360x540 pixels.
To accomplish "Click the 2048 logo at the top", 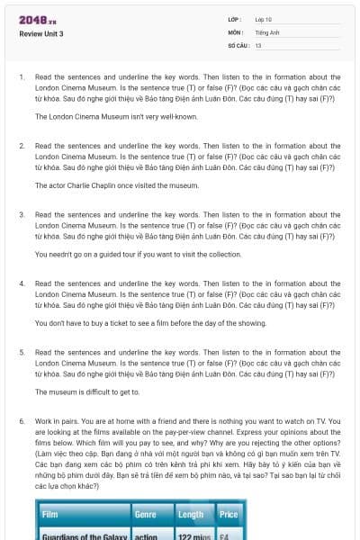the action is [x=38, y=20].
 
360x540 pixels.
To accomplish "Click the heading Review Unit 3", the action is [x=41, y=33].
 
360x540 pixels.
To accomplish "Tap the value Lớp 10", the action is [x=264, y=19].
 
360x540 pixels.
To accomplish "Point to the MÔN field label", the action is [x=235, y=31].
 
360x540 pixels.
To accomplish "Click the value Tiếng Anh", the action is [x=267, y=31].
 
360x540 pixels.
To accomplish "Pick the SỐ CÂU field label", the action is [x=238, y=44].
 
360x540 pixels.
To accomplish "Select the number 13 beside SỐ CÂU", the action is [x=258, y=44].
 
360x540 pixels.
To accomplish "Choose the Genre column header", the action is [x=146, y=514].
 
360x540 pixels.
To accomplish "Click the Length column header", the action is [x=191, y=514].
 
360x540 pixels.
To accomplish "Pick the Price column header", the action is [x=229, y=514].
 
